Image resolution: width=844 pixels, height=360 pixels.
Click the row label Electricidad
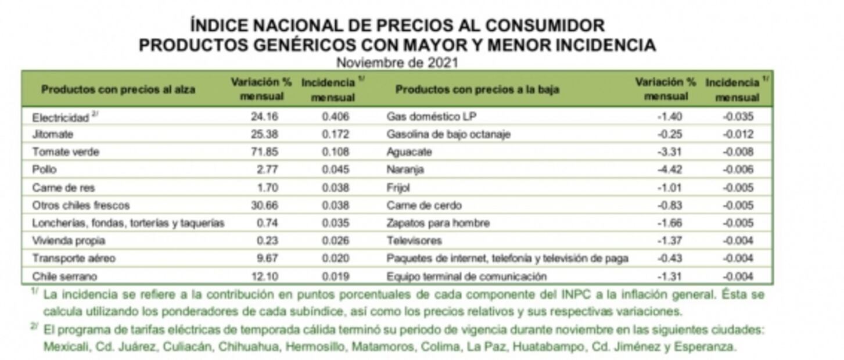(x=60, y=117)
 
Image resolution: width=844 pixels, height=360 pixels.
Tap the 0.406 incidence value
(x=336, y=117)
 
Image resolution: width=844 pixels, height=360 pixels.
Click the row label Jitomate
(x=53, y=135)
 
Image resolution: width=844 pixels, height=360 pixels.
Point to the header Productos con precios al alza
(x=118, y=89)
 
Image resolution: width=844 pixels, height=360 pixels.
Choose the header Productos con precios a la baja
(x=477, y=89)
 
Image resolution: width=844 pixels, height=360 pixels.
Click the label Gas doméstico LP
(x=431, y=117)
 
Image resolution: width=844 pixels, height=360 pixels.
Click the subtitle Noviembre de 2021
(x=397, y=63)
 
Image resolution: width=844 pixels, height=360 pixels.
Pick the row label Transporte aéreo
(x=74, y=258)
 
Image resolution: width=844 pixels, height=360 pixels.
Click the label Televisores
(x=414, y=241)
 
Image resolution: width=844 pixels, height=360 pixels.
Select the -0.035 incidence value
(x=738, y=117)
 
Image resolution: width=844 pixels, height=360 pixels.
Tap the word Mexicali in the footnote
(x=65, y=347)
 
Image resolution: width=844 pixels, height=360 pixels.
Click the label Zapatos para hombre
(x=438, y=223)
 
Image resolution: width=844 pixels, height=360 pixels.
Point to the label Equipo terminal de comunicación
(x=466, y=276)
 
